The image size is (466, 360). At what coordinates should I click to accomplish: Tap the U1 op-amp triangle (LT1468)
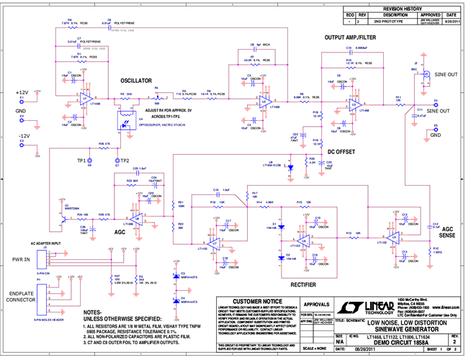click(x=86, y=98)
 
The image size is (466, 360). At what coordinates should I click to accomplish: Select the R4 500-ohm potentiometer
click(x=156, y=97)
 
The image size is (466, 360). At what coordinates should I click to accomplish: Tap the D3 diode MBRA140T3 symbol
click(x=175, y=276)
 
